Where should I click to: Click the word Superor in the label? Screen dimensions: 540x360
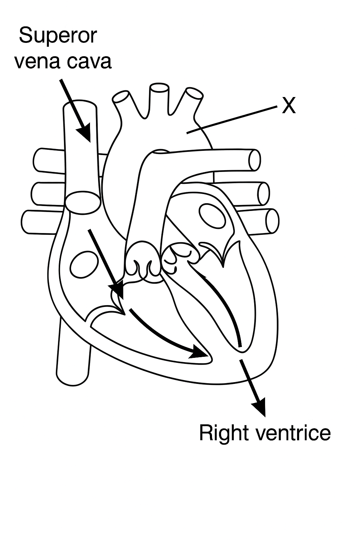[x=58, y=36]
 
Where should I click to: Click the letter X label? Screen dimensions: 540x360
[x=289, y=105]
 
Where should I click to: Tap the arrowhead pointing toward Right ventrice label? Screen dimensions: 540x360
[x=259, y=408]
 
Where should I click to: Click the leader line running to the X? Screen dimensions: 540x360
[x=232, y=120]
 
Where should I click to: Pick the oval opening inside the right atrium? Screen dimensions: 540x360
[x=84, y=264]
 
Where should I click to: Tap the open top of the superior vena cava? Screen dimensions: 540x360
[x=80, y=107]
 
